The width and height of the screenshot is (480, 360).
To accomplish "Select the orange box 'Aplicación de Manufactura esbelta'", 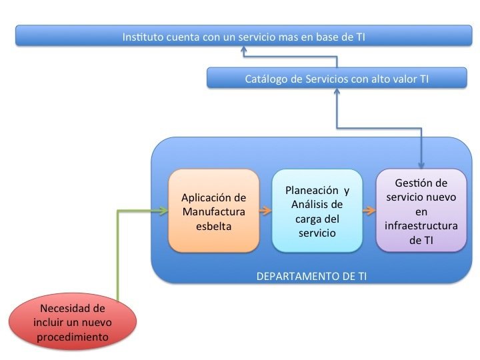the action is pyautogui.click(x=213, y=211).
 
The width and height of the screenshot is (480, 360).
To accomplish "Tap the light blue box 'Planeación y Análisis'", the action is pyautogui.click(x=317, y=211).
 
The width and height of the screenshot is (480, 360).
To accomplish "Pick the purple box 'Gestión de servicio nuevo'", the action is pyautogui.click(x=421, y=211).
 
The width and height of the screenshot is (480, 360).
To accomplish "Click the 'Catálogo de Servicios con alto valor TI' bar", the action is pyautogui.click(x=337, y=79).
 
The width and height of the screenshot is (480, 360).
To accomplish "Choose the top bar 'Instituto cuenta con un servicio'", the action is pyautogui.click(x=243, y=37).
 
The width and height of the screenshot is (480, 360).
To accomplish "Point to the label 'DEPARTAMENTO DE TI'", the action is pyautogui.click(x=311, y=275).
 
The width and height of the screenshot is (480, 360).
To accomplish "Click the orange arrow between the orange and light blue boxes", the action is pyautogui.click(x=265, y=211).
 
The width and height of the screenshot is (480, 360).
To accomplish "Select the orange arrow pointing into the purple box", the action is pyautogui.click(x=369, y=211).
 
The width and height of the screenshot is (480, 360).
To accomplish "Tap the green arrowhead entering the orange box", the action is pyautogui.click(x=163, y=211).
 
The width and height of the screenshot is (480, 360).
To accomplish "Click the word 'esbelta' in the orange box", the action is pyautogui.click(x=213, y=226).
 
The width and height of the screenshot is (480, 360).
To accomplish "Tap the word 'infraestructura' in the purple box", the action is pyautogui.click(x=421, y=225).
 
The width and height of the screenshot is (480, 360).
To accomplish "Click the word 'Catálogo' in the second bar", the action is pyautogui.click(x=266, y=79).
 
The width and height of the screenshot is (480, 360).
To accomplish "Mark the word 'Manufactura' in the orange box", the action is pyautogui.click(x=213, y=212).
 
